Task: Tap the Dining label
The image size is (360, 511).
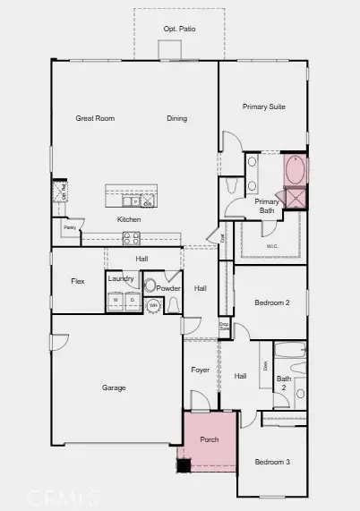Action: pyautogui.click(x=176, y=118)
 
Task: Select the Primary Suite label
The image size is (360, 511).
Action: pyautogui.click(x=263, y=106)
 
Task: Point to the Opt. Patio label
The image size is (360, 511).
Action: pyautogui.click(x=179, y=30)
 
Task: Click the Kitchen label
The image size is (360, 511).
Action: pyautogui.click(x=128, y=219)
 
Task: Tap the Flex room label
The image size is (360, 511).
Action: pyautogui.click(x=78, y=281)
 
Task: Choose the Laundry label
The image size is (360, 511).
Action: pyautogui.click(x=121, y=279)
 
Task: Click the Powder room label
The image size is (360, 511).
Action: pyautogui.click(x=168, y=288)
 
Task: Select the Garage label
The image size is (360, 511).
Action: pyautogui.click(x=114, y=388)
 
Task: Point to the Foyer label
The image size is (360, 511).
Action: pyautogui.click(x=201, y=370)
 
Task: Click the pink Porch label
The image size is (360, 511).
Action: pyautogui.click(x=209, y=439)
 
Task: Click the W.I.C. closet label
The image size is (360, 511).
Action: pyautogui.click(x=272, y=245)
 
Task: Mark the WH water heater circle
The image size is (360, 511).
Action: pyautogui.click(x=153, y=305)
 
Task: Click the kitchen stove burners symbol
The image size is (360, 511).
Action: pyautogui.click(x=131, y=238)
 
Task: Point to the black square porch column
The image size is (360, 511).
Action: pyautogui.click(x=184, y=464)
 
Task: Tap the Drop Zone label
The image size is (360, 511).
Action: pyautogui.click(x=224, y=328)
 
